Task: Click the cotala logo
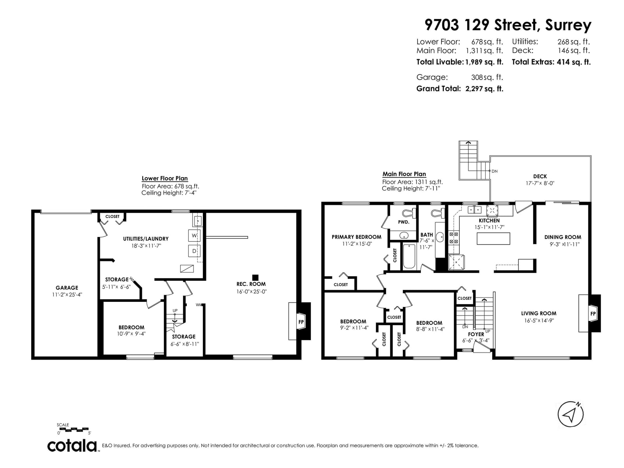click(72, 446)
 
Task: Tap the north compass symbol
click(571, 415)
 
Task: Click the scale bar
click(73, 429)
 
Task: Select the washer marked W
click(194, 235)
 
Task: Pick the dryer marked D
click(194, 251)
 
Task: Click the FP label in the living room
click(593, 314)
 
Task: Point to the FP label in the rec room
click(301, 322)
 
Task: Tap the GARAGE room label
click(67, 287)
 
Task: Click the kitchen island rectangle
click(493, 238)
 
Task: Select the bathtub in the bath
click(409, 256)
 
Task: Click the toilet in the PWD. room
click(408, 213)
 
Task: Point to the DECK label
click(540, 176)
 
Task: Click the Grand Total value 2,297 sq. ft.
click(484, 89)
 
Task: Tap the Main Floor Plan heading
click(404, 174)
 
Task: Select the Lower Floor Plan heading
click(165, 178)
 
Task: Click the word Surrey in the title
click(568, 25)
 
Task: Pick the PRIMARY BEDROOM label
click(356, 237)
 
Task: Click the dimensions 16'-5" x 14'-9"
click(539, 321)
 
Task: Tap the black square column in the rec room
click(255, 277)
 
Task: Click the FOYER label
click(476, 334)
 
